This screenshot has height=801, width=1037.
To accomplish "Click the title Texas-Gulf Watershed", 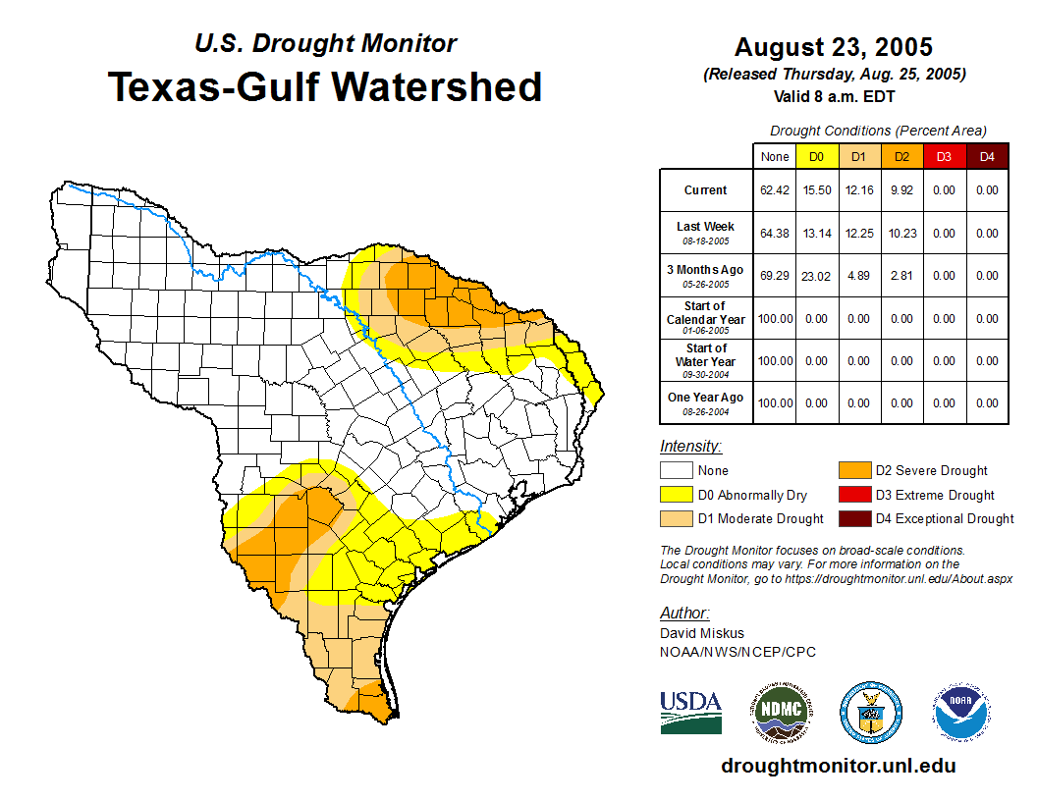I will coord(324,86).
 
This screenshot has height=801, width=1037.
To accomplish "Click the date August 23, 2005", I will coord(834,47).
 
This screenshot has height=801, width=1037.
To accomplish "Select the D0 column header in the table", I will coord(816,156).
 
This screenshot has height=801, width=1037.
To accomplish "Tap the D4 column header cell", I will coord(987,156).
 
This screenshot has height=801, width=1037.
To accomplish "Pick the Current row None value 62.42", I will coord(774,190).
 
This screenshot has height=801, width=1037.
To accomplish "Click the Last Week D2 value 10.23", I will coord(901,233).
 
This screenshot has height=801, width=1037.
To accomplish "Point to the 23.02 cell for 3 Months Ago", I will coord(816,276).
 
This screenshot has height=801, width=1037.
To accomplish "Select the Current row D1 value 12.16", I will coord(858,190).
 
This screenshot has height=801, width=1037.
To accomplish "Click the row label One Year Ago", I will coord(706,398).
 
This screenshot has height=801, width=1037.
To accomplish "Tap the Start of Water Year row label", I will coord(706,354).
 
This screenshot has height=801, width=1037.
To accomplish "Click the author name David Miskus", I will coord(702,633).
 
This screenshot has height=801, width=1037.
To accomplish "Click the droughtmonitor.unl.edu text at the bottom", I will coord(838,766).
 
